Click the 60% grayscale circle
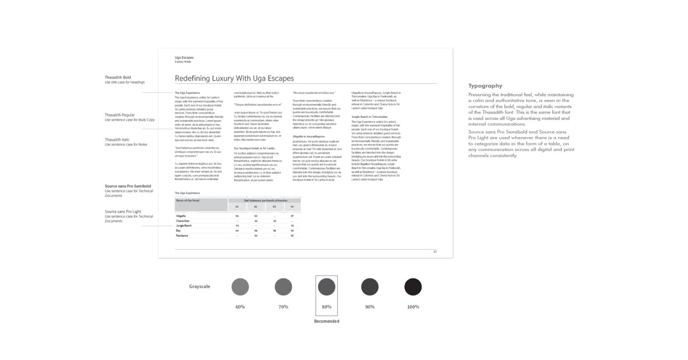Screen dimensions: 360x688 (240, 287)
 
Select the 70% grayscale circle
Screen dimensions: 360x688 (283, 287)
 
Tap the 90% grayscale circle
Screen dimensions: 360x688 (370, 287)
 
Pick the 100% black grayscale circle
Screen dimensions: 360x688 (413, 287)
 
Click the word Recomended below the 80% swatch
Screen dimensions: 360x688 (327, 321)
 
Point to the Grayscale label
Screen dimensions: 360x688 (199, 287)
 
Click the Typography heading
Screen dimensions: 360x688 (485, 86)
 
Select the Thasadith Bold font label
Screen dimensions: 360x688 (118, 78)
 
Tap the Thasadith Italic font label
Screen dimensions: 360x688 (117, 139)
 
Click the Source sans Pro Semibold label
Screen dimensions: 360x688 (128, 186)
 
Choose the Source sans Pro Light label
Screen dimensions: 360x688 (123, 212)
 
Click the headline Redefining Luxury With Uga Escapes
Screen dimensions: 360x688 (234, 78)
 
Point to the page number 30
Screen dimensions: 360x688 (435, 252)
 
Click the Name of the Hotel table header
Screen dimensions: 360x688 (187, 200)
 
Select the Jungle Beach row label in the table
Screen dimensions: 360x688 (184, 226)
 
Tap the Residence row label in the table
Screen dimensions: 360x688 (182, 235)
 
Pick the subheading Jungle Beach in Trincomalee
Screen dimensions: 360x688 (369, 116)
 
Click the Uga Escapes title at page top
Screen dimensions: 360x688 (184, 58)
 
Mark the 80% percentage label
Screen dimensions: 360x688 (327, 307)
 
